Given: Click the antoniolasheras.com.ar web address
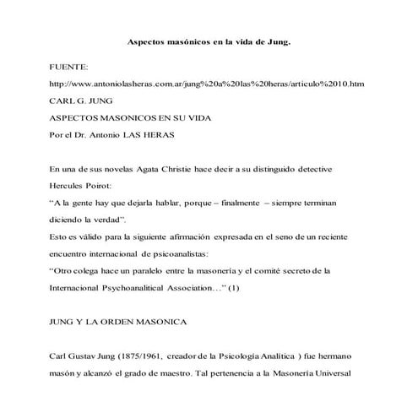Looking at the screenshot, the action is coord(207,84).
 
